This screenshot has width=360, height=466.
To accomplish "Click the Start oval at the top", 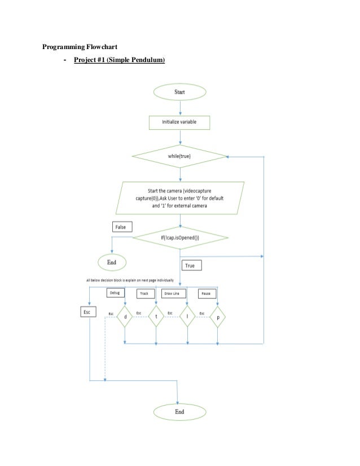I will (179, 92).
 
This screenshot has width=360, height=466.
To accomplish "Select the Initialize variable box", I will (179, 121).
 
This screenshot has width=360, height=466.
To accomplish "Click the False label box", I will (122, 227).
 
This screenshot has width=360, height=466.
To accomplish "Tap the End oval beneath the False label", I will (112, 262).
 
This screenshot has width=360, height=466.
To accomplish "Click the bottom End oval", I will (179, 411).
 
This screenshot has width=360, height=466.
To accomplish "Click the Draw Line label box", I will (177, 294).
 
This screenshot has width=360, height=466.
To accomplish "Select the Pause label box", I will (208, 294).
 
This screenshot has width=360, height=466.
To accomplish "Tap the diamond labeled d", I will (125, 318).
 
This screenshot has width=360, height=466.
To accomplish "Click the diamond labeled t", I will (156, 318).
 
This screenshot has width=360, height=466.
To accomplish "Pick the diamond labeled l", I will (187, 318).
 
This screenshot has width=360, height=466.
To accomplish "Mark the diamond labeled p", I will (218, 318).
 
